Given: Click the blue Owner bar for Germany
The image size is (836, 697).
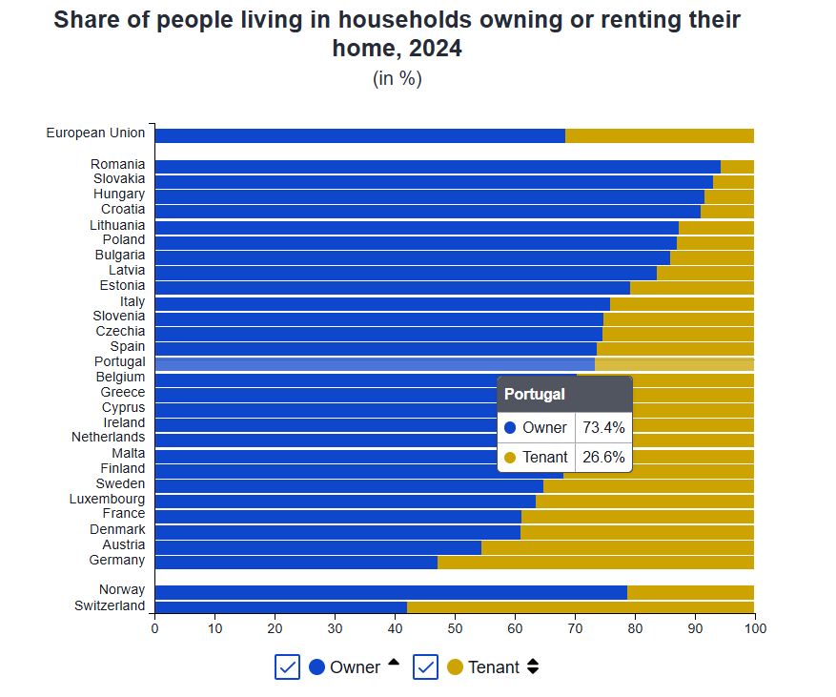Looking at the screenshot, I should tap(296, 563).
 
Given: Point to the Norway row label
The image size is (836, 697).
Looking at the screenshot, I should tap(122, 590).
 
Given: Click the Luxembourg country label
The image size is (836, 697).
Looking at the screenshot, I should tap(107, 499).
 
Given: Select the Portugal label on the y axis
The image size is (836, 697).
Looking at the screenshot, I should tap(119, 362).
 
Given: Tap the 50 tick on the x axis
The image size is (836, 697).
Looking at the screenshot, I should tap(455, 628).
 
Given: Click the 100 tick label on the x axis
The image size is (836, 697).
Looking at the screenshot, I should tap(754, 628).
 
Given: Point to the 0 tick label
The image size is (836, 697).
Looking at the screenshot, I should tap(154, 628).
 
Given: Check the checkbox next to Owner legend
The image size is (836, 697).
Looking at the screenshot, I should tap(287, 667).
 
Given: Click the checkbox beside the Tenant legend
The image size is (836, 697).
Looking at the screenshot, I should tap(425, 667).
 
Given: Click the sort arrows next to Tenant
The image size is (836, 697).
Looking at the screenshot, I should tap(533, 667).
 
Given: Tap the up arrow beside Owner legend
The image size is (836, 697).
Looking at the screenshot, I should tap(394, 663).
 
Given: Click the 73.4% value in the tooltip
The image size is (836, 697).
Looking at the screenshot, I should tap(602, 428).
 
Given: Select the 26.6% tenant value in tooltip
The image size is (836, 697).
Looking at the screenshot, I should tap(602, 458).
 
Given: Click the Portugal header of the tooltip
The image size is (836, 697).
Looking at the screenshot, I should tap(535, 394).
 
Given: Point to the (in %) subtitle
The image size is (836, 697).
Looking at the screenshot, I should tap(397, 79).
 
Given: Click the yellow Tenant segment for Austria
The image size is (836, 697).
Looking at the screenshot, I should tap(618, 547).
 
